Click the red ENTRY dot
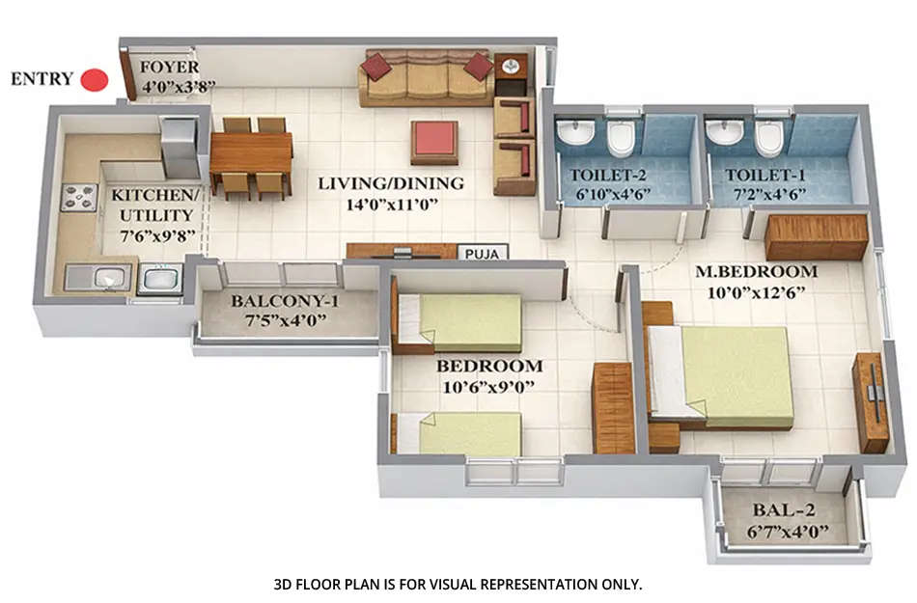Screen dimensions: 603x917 pos(94,80)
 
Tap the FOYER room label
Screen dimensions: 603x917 pos(169,68)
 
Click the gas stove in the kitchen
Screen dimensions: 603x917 pos(77,197)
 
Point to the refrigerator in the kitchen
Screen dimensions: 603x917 pos(180,146)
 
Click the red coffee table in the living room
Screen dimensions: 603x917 pos(434,141)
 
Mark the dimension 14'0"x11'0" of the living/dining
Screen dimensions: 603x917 pos(392,204)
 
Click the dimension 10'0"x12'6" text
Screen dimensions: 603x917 pos(757,290)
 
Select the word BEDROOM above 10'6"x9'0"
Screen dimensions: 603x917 pos(488,367)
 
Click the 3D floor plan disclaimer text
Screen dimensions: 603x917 pos(458,584)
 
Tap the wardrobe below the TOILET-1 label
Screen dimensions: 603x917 pos(816,237)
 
